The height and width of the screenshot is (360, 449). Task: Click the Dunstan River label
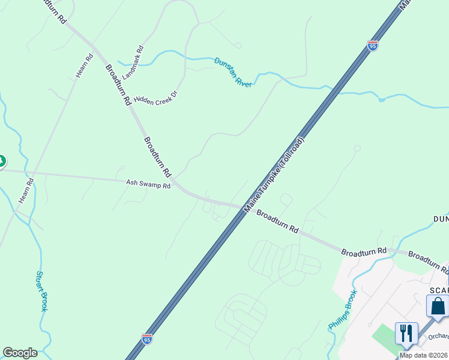tap(233, 71)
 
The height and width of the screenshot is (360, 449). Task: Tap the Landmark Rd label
tap(133, 62)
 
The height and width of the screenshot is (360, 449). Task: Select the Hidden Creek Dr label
tap(156, 98)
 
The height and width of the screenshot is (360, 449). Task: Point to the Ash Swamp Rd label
tap(148, 185)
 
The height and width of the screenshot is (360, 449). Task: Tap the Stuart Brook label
tap(40, 291)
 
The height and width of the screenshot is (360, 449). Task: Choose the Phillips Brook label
tap(342, 310)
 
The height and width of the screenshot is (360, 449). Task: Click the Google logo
tap(20, 353)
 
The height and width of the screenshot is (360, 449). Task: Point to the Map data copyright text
tap(424, 355)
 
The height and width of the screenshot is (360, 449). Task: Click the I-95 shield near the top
tap(373, 46)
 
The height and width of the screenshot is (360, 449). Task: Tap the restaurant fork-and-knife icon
tap(406, 332)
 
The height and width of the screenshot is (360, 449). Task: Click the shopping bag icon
tap(438, 305)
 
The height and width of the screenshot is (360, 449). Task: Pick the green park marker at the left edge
tap(1, 161)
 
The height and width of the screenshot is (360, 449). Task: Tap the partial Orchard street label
tap(438, 337)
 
